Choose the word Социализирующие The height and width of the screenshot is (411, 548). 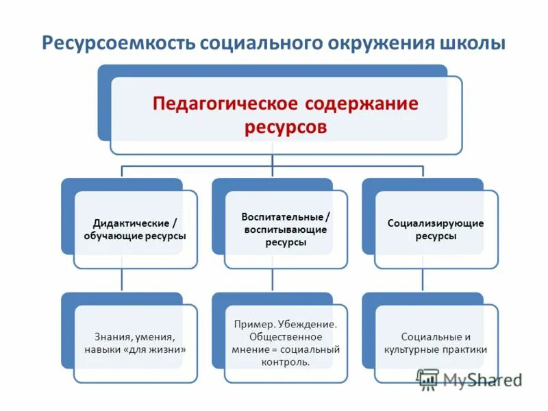point(436,223)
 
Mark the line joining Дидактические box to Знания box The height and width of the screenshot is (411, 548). point(122,279)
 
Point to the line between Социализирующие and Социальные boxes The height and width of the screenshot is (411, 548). point(423,279)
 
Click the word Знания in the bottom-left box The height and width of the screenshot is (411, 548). point(112,336)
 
